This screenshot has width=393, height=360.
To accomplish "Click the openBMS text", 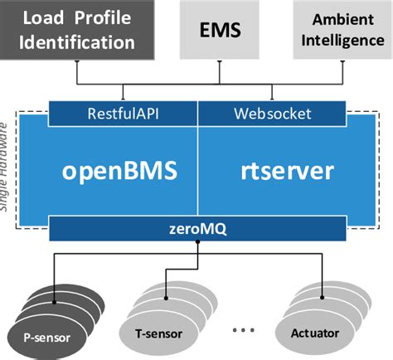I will [x=121, y=171].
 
